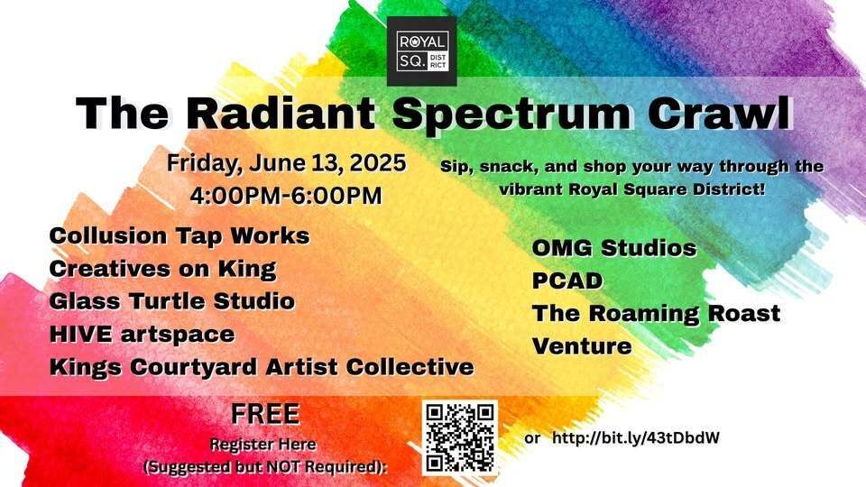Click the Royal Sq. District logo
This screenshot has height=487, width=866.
coord(421,51)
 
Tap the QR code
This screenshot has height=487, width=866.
coord(460,438)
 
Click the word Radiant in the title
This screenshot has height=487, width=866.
coord(280,114)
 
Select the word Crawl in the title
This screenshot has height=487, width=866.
coord(720,114)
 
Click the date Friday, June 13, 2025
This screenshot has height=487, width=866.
coord(286,163)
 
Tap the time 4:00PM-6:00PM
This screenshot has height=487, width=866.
coord(286,196)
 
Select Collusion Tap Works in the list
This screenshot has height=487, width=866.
coord(180,236)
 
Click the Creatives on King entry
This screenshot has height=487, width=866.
coord(162,269)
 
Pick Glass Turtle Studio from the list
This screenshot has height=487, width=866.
coord(171,301)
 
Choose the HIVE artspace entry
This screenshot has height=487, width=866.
coord(142,335)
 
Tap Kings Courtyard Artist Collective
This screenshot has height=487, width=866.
coord(262,368)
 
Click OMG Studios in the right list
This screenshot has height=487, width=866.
coord(614,248)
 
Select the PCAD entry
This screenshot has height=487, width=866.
coord(567,281)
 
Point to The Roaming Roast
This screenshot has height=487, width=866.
coord(656,314)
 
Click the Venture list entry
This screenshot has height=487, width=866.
coord(582,346)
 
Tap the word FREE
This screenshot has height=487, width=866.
coord(265,414)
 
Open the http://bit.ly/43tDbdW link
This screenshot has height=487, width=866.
coord(636,438)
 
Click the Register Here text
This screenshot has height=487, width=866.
coord(263,445)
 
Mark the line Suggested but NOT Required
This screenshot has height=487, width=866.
coord(265,467)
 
